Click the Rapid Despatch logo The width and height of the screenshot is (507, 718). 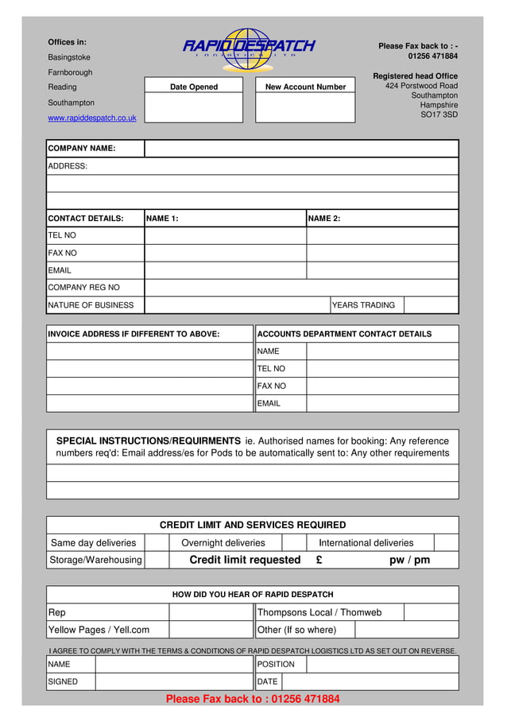point(249,47)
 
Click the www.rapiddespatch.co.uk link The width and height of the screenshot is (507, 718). point(92,118)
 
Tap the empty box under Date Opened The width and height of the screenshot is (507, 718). point(193,108)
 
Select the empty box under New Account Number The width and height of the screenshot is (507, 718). point(305,108)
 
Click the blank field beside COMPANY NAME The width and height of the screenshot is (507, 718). point(301,149)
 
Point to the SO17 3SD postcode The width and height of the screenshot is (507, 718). point(439,114)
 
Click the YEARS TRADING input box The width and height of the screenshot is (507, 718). point(431,305)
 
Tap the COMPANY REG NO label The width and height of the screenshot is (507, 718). point(84,288)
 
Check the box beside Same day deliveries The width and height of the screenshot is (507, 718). point(157,543)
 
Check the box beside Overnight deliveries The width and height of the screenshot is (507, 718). point(294,543)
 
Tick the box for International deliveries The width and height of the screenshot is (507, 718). point(446,543)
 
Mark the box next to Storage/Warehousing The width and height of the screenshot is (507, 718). point(157,561)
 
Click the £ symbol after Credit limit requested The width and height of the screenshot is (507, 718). point(319,561)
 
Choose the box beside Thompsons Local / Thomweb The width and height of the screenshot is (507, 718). point(431,612)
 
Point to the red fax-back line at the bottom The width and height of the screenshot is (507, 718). point(253,699)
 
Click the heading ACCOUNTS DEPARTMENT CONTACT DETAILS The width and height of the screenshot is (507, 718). point(345,334)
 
